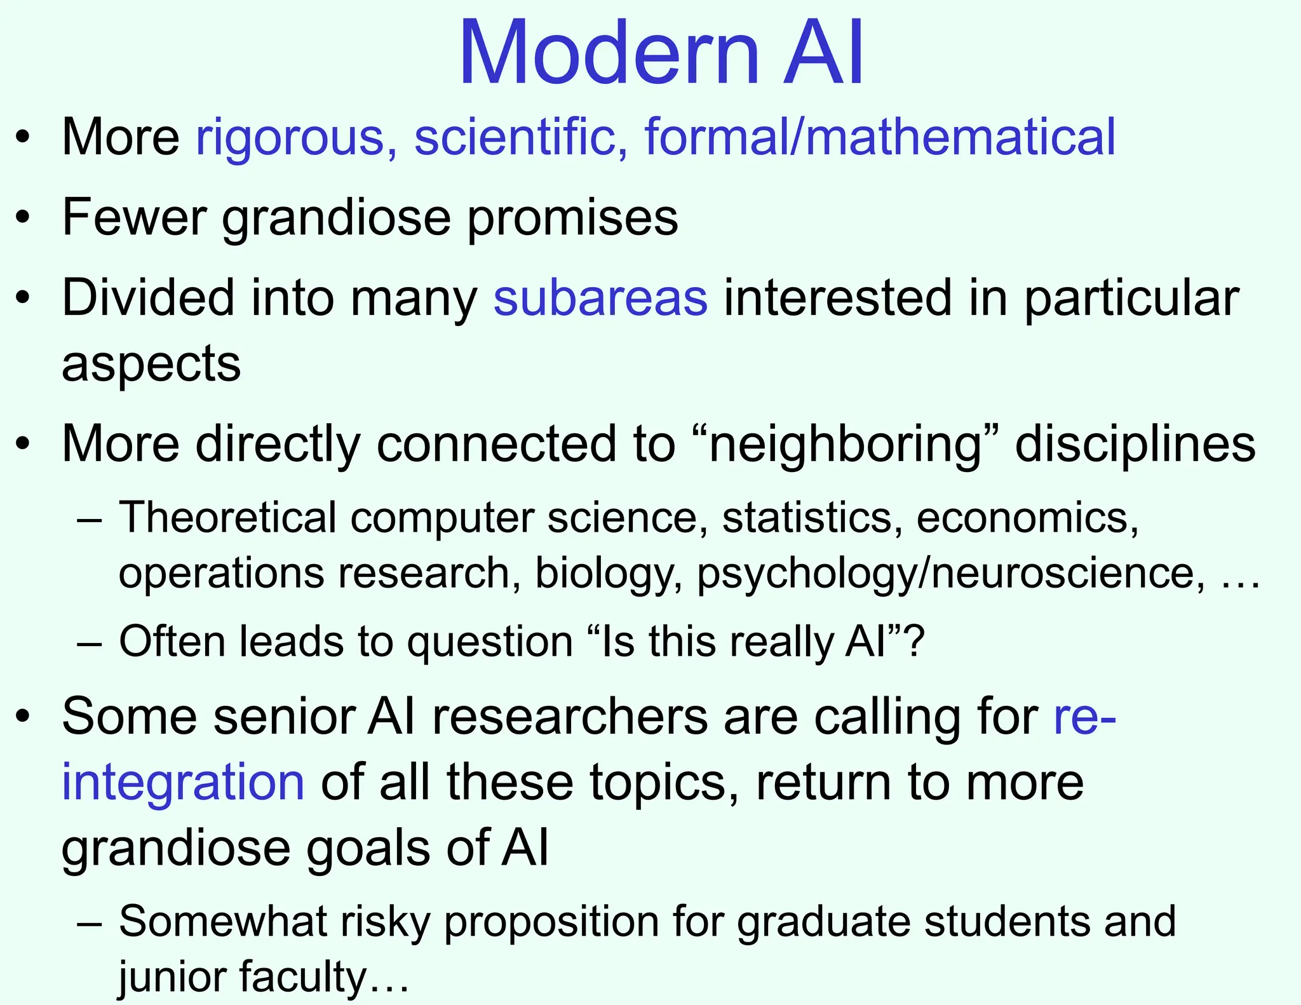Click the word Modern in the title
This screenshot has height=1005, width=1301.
[x=609, y=53]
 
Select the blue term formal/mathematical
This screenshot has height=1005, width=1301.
[x=880, y=137]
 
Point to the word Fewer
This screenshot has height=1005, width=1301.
[x=134, y=218]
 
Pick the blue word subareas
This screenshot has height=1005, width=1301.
[x=600, y=298]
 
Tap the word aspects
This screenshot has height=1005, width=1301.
[x=151, y=365]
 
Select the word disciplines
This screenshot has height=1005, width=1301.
[x=1135, y=444]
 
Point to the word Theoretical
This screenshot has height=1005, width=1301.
[x=227, y=518]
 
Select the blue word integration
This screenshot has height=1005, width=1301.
[x=183, y=783]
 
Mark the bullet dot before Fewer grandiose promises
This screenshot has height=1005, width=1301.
[x=24, y=218]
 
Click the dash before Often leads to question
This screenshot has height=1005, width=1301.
[x=90, y=642]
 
